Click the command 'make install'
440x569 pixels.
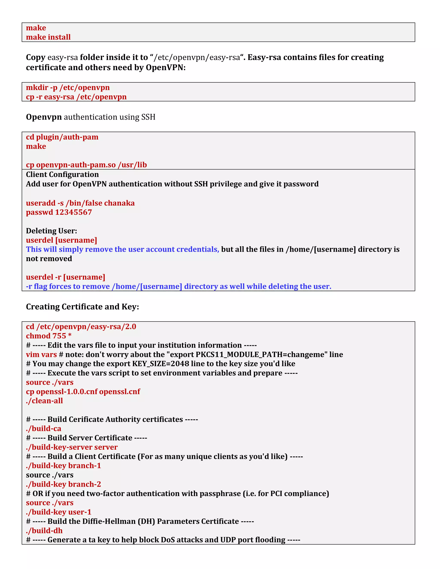click(x=48, y=37)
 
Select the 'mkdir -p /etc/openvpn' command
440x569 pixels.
click(x=68, y=88)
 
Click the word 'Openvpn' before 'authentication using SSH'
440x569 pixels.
click(x=44, y=117)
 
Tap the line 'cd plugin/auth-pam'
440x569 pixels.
click(x=62, y=137)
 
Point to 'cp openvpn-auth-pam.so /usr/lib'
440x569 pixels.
click(x=86, y=165)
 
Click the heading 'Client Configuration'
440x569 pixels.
click(x=62, y=175)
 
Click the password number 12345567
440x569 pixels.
click(x=73, y=212)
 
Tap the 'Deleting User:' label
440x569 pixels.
click(x=51, y=231)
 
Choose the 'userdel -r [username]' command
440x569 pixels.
click(x=66, y=277)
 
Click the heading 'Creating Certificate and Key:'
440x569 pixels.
click(x=82, y=307)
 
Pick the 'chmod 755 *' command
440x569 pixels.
click(x=49, y=336)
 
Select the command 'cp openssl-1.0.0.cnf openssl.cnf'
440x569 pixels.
click(x=83, y=392)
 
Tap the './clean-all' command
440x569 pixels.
click(x=44, y=401)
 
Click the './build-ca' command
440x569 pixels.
click(x=44, y=429)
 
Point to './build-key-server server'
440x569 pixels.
click(x=72, y=447)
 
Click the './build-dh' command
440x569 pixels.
click(x=44, y=531)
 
